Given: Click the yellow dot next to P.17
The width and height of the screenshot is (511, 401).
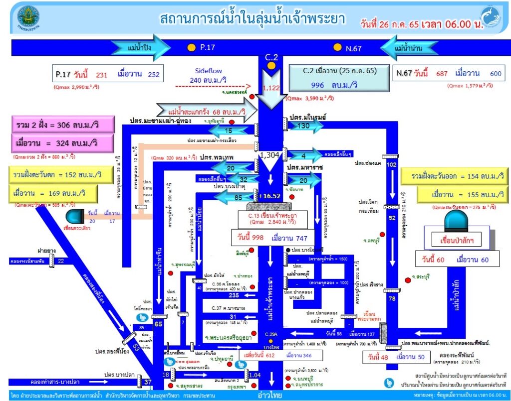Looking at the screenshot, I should [191, 48].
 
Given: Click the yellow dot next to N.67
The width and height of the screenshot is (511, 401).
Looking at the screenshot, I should [337, 48].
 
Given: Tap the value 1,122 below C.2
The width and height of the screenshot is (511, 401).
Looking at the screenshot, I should [271, 88].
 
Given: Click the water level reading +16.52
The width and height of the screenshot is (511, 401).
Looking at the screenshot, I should [271, 196].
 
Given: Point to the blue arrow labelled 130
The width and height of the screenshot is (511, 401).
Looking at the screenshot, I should [303, 127].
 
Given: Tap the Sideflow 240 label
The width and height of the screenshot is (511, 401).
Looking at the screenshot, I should [212, 75].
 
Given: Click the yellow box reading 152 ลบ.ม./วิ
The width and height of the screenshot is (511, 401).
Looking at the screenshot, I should [55, 175].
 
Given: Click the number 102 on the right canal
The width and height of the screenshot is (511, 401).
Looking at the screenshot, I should [391, 165].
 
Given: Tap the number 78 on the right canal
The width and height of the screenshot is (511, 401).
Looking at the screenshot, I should [392, 298].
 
